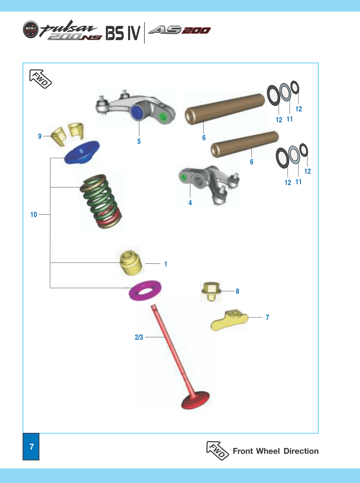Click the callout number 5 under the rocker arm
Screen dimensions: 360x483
(139, 141)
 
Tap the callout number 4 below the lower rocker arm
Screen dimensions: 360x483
(190, 203)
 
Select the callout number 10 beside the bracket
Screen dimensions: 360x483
(33, 215)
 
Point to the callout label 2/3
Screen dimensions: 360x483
(139, 337)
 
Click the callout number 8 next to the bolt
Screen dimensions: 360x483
(237, 291)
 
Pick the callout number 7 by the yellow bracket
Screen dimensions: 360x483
(267, 317)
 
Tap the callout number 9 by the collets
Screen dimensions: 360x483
(40, 136)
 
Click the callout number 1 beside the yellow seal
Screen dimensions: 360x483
(166, 264)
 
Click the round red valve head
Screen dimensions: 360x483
(195, 400)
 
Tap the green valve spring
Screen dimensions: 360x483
(101, 201)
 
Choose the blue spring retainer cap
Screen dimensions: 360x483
(82, 152)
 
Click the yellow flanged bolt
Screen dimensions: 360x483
(211, 291)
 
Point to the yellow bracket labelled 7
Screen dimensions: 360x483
(229, 320)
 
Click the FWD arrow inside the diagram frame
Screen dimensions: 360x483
(40, 79)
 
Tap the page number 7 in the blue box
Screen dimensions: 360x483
(32, 446)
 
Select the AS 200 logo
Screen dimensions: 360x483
(179, 30)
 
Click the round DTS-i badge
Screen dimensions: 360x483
(31, 29)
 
